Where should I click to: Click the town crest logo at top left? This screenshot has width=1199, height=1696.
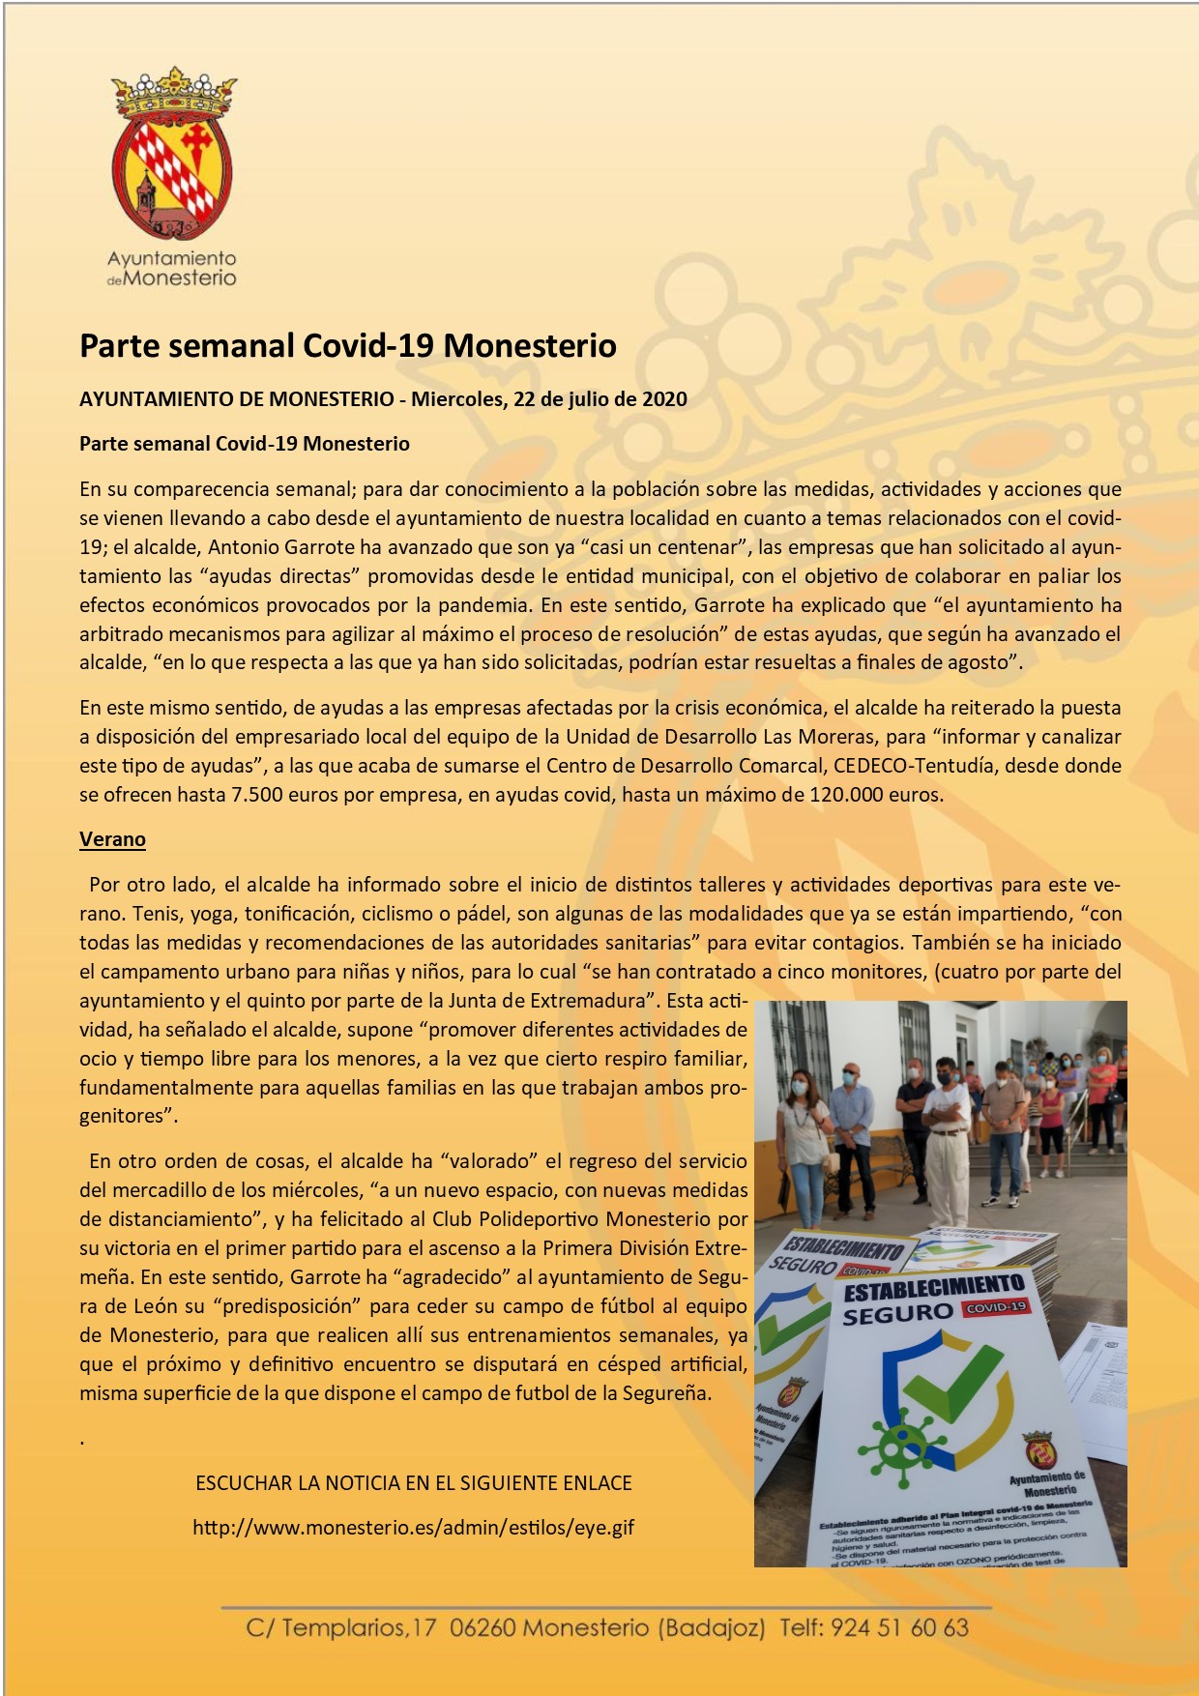tap(174, 155)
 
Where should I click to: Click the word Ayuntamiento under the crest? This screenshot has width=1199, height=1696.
tap(171, 259)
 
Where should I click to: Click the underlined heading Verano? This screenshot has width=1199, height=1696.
tap(112, 839)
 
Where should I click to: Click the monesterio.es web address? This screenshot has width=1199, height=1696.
tap(414, 1528)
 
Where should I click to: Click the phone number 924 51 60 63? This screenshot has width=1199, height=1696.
tap(899, 1627)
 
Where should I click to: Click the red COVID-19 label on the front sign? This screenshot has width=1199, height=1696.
tap(996, 1307)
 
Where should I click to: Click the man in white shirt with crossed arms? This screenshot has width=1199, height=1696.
tap(946, 1131)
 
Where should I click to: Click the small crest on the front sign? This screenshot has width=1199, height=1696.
tap(1038, 1447)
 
